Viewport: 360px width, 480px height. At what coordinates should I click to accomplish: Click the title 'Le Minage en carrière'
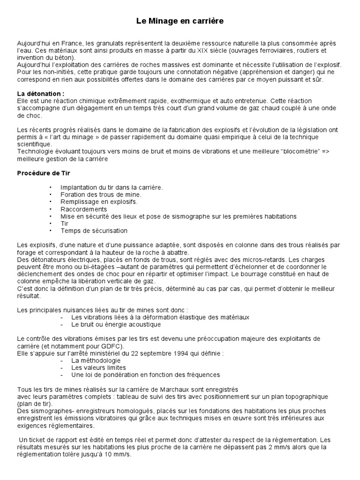180,21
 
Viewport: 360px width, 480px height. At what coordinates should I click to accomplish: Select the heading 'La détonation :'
41,94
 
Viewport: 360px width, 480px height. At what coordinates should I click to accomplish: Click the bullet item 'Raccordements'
83,209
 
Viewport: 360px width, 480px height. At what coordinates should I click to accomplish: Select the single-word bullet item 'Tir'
65,224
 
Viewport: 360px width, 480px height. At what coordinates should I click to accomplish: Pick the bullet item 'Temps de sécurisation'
94,231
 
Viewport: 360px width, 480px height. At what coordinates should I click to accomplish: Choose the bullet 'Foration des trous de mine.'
101,195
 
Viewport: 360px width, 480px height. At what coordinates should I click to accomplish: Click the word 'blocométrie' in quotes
292,151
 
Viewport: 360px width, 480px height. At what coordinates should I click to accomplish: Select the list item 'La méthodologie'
96,360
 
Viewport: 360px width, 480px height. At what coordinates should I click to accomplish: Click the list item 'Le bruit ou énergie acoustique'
116,324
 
